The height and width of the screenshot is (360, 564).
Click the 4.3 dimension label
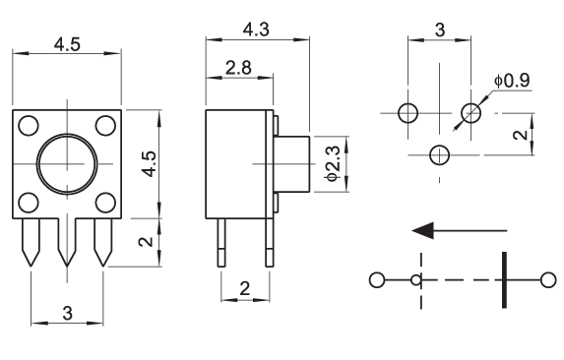click(256, 30)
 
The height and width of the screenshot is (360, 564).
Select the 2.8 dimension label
click(238, 68)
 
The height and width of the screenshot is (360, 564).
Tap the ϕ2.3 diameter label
click(332, 163)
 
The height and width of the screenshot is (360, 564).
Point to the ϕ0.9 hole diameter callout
click(512, 81)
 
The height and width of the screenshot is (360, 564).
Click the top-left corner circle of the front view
click(29, 126)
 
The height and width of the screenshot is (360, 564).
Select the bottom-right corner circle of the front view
click(105, 203)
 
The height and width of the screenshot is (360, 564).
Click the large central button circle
click(67, 164)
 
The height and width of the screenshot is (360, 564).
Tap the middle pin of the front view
click(67, 242)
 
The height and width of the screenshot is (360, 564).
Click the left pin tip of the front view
click(31, 267)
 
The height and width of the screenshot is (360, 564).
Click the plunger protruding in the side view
click(291, 164)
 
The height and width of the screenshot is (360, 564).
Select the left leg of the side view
click(221, 243)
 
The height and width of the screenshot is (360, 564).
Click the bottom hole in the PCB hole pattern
click(439, 155)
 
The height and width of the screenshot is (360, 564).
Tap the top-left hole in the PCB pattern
click(407, 113)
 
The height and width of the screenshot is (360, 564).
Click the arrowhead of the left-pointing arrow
click(423, 230)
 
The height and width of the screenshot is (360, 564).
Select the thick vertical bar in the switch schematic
click(504, 280)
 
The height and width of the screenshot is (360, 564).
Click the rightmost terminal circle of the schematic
click(548, 280)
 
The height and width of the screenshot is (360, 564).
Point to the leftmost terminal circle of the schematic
click(377, 280)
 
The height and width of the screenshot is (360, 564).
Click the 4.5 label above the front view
click(67, 45)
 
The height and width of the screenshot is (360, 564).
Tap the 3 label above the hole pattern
click(440, 30)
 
